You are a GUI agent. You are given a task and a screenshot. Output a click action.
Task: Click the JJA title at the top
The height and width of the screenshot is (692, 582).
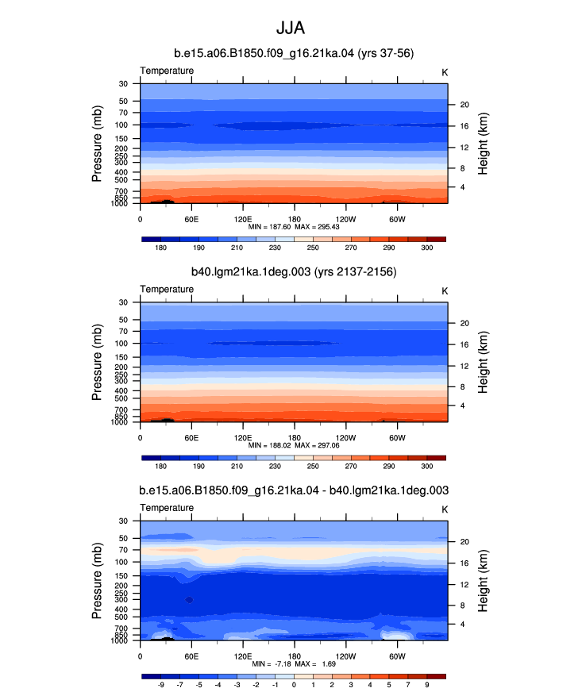click(x=291, y=28)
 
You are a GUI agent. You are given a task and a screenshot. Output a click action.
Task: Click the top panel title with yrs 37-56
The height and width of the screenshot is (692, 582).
click(x=294, y=53)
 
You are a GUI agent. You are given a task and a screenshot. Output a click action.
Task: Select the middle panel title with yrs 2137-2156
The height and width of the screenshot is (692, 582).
click(x=294, y=272)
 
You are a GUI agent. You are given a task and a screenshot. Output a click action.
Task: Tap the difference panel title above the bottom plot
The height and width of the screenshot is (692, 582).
click(x=294, y=490)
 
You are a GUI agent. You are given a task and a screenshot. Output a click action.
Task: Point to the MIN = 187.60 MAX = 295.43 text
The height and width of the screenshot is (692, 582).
click(x=294, y=227)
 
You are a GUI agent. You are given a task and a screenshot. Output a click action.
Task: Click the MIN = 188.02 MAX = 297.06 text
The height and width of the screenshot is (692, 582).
click(x=294, y=445)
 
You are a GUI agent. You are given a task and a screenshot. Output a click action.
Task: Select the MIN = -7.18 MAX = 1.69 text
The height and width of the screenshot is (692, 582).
click(x=294, y=663)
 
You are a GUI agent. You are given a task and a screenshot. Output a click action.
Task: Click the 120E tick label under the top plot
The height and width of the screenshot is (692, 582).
click(x=243, y=219)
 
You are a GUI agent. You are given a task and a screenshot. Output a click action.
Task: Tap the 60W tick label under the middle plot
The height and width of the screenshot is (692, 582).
click(x=398, y=438)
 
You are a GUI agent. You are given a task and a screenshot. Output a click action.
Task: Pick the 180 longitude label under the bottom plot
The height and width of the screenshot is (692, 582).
click(x=294, y=656)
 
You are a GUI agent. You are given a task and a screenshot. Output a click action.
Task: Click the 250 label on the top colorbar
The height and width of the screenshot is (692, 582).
click(x=313, y=248)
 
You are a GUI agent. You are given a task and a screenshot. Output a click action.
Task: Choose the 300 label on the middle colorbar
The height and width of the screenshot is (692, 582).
click(x=427, y=466)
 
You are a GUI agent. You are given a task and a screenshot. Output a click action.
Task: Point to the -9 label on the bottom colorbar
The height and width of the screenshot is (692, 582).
click(x=160, y=685)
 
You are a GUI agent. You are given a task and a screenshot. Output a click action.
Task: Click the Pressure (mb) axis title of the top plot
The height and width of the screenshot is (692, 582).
click(x=97, y=144)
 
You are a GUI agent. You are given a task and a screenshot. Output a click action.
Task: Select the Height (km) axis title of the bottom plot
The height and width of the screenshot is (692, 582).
click(x=483, y=581)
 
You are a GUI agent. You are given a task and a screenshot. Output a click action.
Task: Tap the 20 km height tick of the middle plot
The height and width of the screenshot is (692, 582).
click(x=464, y=323)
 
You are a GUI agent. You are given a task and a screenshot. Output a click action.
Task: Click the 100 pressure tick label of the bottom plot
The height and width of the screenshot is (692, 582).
click(x=121, y=562)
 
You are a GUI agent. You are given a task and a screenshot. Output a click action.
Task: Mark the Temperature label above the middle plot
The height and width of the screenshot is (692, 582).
click(x=167, y=289)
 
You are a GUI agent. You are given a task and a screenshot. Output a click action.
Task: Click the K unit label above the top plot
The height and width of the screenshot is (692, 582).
click(x=445, y=72)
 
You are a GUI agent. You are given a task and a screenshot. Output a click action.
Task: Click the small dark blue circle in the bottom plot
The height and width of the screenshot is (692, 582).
click(x=190, y=600)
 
